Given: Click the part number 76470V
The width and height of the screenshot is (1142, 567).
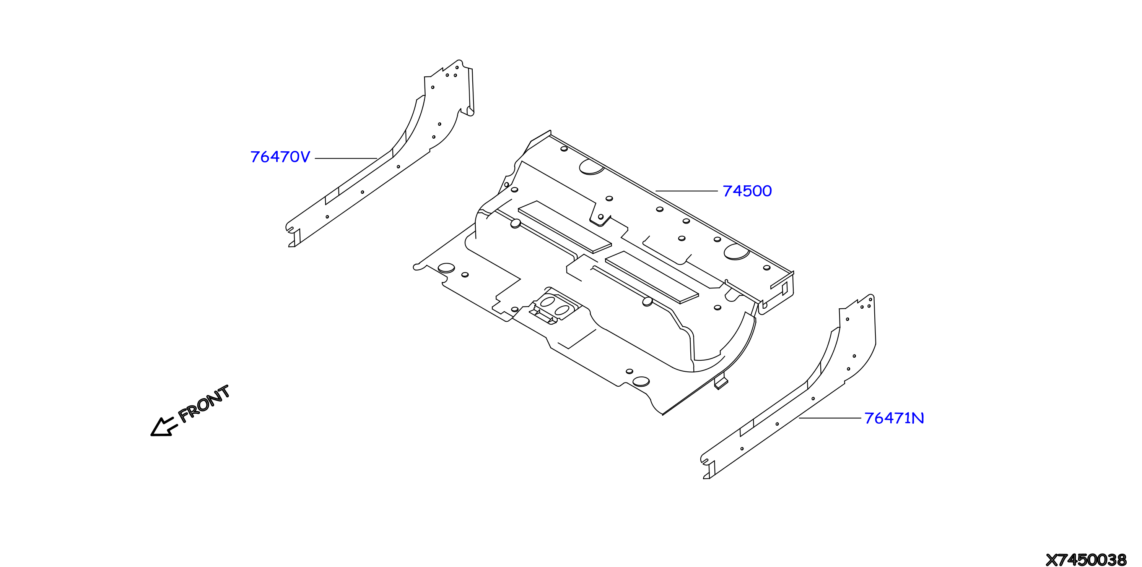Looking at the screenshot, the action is [280, 157].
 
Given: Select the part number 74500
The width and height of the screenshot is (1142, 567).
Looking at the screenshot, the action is [747, 191].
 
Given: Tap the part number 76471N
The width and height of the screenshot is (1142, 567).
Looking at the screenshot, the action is [894, 418].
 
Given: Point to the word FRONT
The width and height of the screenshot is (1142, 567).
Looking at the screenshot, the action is [204, 403].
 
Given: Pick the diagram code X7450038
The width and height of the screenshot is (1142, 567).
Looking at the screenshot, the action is [1086, 559].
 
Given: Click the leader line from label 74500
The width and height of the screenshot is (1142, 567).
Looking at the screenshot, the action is [686, 191].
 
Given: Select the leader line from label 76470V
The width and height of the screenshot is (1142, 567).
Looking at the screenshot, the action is [346, 158].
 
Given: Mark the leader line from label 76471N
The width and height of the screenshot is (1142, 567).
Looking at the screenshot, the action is [830, 418].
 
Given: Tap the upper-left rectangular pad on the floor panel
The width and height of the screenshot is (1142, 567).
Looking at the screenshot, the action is [565, 227].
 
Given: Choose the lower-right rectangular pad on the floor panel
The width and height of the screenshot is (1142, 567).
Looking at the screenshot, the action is [652, 277].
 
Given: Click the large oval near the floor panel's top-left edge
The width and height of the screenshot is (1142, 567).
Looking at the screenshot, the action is [591, 167].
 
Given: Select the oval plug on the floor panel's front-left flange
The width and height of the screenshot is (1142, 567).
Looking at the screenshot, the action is [446, 268].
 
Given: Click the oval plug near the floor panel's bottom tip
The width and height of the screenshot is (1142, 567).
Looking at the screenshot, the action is [641, 381].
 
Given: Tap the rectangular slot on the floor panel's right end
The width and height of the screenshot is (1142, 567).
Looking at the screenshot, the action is [784, 288].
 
